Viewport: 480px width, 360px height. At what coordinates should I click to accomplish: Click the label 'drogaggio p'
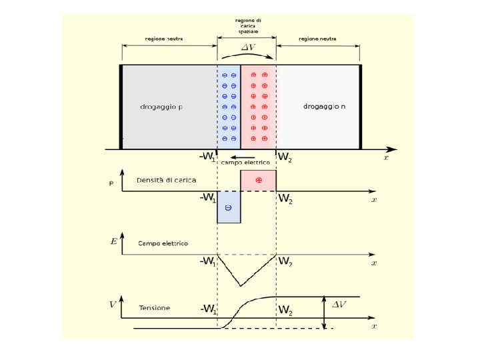[x=161, y=107]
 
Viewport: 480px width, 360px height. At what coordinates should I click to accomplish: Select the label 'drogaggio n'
[x=324, y=106]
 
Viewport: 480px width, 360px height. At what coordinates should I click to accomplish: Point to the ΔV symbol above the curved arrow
[x=247, y=47]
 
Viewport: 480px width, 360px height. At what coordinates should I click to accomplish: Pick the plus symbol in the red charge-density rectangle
[x=258, y=181]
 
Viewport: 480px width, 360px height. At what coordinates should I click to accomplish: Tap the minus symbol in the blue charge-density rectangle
[x=228, y=208]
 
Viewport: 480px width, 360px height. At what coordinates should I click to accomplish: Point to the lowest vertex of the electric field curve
[x=241, y=285]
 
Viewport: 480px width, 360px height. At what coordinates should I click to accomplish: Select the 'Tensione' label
[x=155, y=308]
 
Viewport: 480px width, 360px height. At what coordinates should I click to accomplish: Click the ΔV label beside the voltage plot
[x=339, y=304]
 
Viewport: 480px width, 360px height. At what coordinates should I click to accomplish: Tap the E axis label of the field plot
[x=114, y=241]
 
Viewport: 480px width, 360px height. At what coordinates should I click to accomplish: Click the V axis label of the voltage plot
[x=113, y=305]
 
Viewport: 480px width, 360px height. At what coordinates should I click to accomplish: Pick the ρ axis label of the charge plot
[x=111, y=181]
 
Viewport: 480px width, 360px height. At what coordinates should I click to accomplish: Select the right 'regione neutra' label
[x=317, y=39]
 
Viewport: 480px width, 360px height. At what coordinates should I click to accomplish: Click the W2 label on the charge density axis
[x=285, y=199]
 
